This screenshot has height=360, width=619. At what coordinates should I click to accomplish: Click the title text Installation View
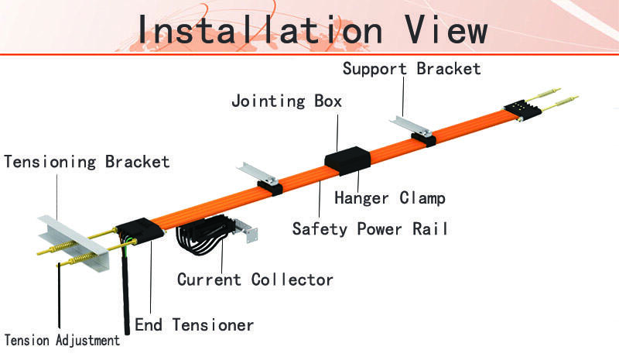[313, 29]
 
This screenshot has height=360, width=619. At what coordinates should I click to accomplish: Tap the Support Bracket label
[412, 69]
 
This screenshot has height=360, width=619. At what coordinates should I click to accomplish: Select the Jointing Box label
[286, 101]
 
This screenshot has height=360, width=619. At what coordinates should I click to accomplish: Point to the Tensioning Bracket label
[87, 162]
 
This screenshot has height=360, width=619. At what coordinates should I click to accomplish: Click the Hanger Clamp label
[390, 198]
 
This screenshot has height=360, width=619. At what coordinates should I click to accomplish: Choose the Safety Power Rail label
[371, 229]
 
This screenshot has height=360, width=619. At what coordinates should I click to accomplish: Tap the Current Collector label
[255, 279]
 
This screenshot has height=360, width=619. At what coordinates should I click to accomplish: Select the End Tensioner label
[194, 325]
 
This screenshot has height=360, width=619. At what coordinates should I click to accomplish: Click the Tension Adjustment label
[62, 340]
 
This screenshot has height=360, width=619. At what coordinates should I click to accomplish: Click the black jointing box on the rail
[347, 160]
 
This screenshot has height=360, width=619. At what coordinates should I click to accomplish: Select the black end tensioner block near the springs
[140, 231]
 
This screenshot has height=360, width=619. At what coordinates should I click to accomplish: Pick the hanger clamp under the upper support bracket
[424, 139]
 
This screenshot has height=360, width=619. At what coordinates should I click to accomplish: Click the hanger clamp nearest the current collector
[270, 188]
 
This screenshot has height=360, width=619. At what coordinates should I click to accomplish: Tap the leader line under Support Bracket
[403, 97]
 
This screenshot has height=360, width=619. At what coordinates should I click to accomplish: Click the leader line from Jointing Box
[337, 133]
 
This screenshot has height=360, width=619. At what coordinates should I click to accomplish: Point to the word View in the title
[446, 29]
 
